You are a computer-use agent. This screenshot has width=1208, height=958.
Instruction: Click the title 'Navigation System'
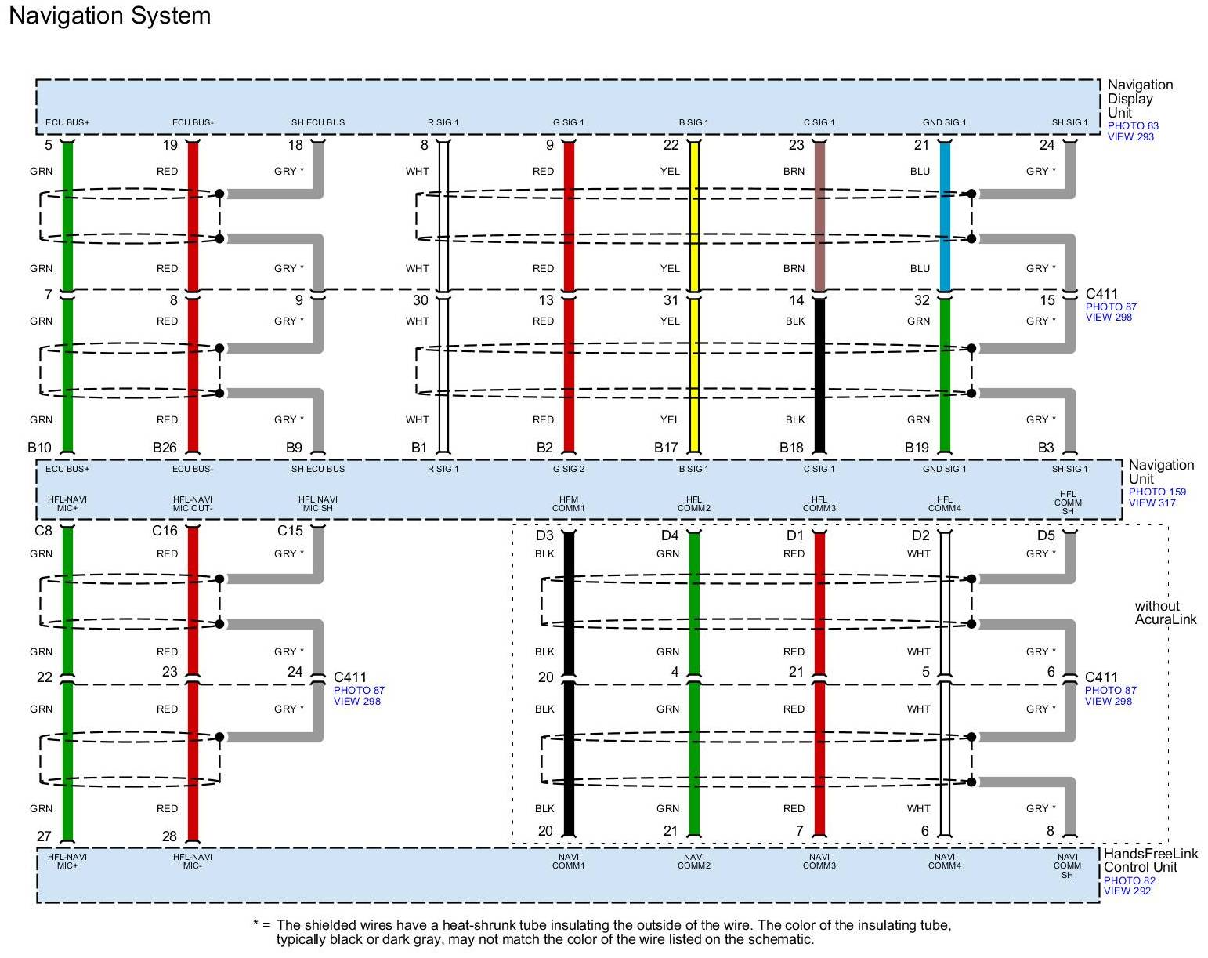(110, 16)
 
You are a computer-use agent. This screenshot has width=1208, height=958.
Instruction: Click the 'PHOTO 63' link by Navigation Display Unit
(1132, 125)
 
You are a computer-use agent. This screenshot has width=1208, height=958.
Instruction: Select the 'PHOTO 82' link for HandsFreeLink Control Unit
(1129, 880)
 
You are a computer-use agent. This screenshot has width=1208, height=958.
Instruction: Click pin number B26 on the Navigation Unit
(165, 448)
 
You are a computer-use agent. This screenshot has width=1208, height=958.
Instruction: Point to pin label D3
(544, 535)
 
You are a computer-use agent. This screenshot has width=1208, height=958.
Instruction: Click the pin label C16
(165, 531)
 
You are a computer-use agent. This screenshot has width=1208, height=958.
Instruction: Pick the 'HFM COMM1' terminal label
(569, 504)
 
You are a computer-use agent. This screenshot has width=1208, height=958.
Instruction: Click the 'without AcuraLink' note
(1166, 612)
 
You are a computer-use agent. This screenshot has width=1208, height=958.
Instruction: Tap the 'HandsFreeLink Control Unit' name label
(1150, 860)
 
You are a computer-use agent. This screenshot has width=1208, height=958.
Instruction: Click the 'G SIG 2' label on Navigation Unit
(569, 469)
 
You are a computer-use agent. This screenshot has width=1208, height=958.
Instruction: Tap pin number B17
(666, 448)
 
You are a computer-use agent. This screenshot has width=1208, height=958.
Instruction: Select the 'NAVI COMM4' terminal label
(945, 862)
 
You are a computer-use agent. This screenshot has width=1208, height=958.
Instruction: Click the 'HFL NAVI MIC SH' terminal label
(318, 504)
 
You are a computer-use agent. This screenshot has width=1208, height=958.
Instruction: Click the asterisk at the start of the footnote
(257, 924)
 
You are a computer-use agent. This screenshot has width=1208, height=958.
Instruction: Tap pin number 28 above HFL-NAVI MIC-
(169, 836)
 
